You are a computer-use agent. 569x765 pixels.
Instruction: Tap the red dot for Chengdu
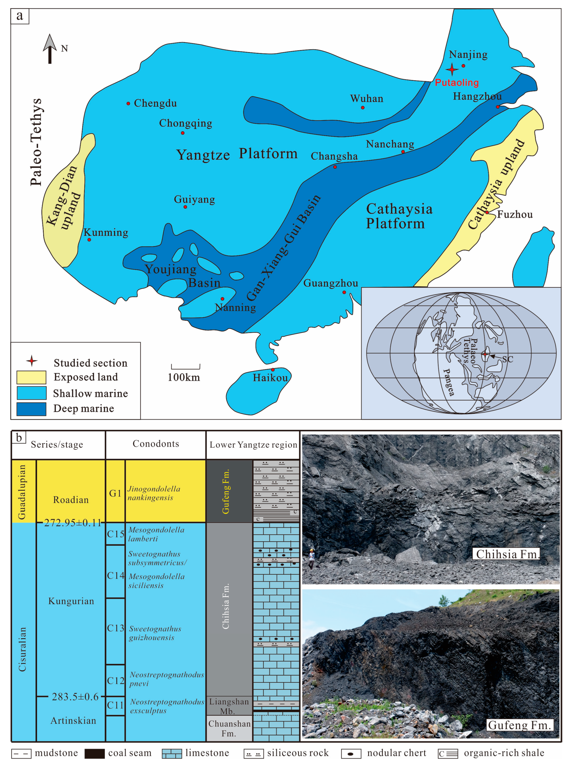point(128,103)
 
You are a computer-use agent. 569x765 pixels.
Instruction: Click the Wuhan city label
point(367,99)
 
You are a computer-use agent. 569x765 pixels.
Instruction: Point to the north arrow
point(50,49)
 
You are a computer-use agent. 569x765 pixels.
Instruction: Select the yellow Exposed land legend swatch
point(31,377)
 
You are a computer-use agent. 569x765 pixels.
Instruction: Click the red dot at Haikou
point(273,369)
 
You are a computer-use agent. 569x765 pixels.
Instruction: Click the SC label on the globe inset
point(507,359)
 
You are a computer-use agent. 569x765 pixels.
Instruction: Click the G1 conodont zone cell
point(115,493)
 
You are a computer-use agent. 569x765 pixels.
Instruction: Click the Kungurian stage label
point(71,601)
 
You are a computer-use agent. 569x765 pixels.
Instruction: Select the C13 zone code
point(115,628)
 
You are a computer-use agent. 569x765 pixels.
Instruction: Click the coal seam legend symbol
point(94,754)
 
